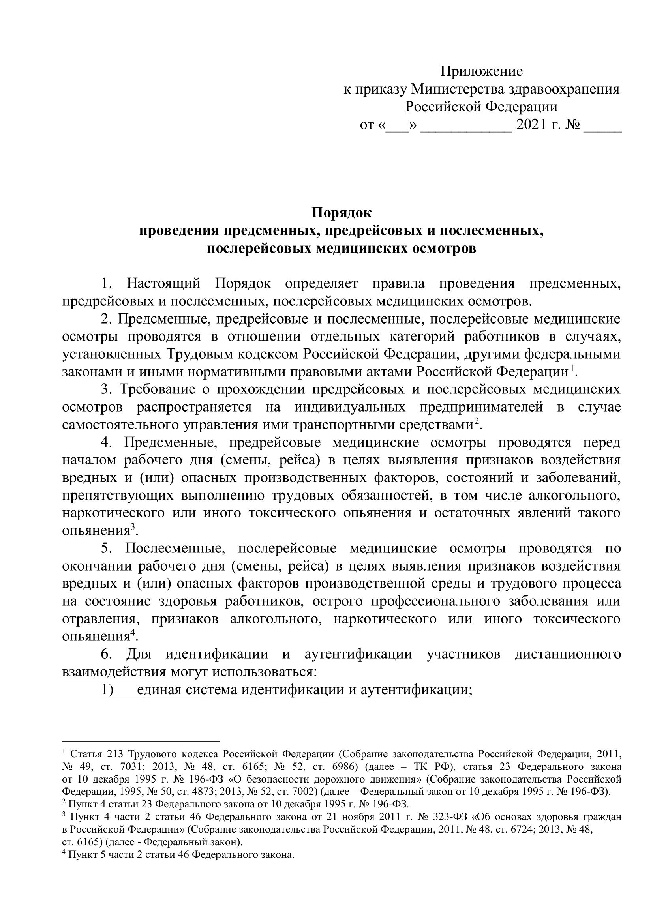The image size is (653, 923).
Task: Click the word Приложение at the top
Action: (x=481, y=71)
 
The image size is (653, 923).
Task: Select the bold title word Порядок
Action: (x=342, y=213)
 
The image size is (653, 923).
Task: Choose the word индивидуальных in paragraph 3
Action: (x=349, y=407)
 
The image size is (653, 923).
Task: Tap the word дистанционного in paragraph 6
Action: (x=568, y=654)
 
